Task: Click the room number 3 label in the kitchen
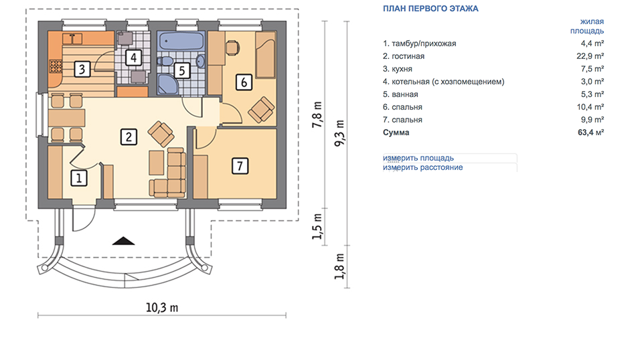[82, 69]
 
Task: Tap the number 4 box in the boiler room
[133, 58]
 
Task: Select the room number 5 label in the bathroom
[181, 70]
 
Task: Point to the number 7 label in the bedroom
[240, 166]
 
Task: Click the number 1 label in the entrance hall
[78, 178]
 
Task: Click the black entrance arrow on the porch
[123, 241]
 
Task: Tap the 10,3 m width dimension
[162, 308]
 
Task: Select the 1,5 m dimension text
[317, 226]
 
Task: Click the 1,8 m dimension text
[339, 266]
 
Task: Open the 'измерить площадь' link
[418, 158]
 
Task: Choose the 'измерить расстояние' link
[423, 167]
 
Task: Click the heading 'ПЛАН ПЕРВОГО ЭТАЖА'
[431, 8]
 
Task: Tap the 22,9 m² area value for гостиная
[591, 56]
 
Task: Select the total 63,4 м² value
[591, 132]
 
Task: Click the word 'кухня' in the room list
[402, 69]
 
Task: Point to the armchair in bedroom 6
[261, 109]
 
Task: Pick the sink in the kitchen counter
[72, 38]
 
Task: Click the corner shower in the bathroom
[167, 85]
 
